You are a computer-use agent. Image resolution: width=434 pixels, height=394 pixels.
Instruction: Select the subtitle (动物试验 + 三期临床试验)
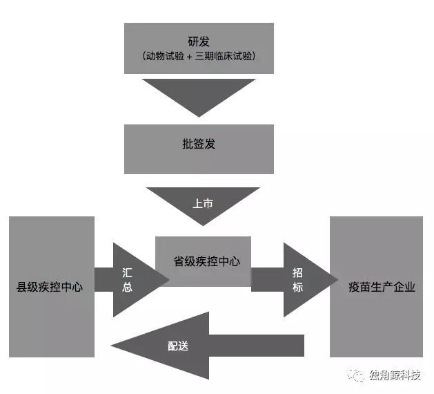(x=199, y=57)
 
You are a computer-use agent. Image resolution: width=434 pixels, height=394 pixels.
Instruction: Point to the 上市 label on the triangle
(x=202, y=204)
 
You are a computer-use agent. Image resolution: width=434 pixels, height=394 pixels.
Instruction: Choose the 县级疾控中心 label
(x=50, y=286)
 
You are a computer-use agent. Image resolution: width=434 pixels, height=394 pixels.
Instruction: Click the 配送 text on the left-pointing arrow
(x=178, y=346)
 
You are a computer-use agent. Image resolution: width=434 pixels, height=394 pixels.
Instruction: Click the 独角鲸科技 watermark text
(x=395, y=375)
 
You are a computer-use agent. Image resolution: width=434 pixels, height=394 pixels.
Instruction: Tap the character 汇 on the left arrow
(x=127, y=272)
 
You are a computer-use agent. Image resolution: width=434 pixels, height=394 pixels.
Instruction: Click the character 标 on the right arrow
(x=297, y=287)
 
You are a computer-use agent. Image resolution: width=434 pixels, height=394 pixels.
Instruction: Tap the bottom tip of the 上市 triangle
(x=203, y=225)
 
